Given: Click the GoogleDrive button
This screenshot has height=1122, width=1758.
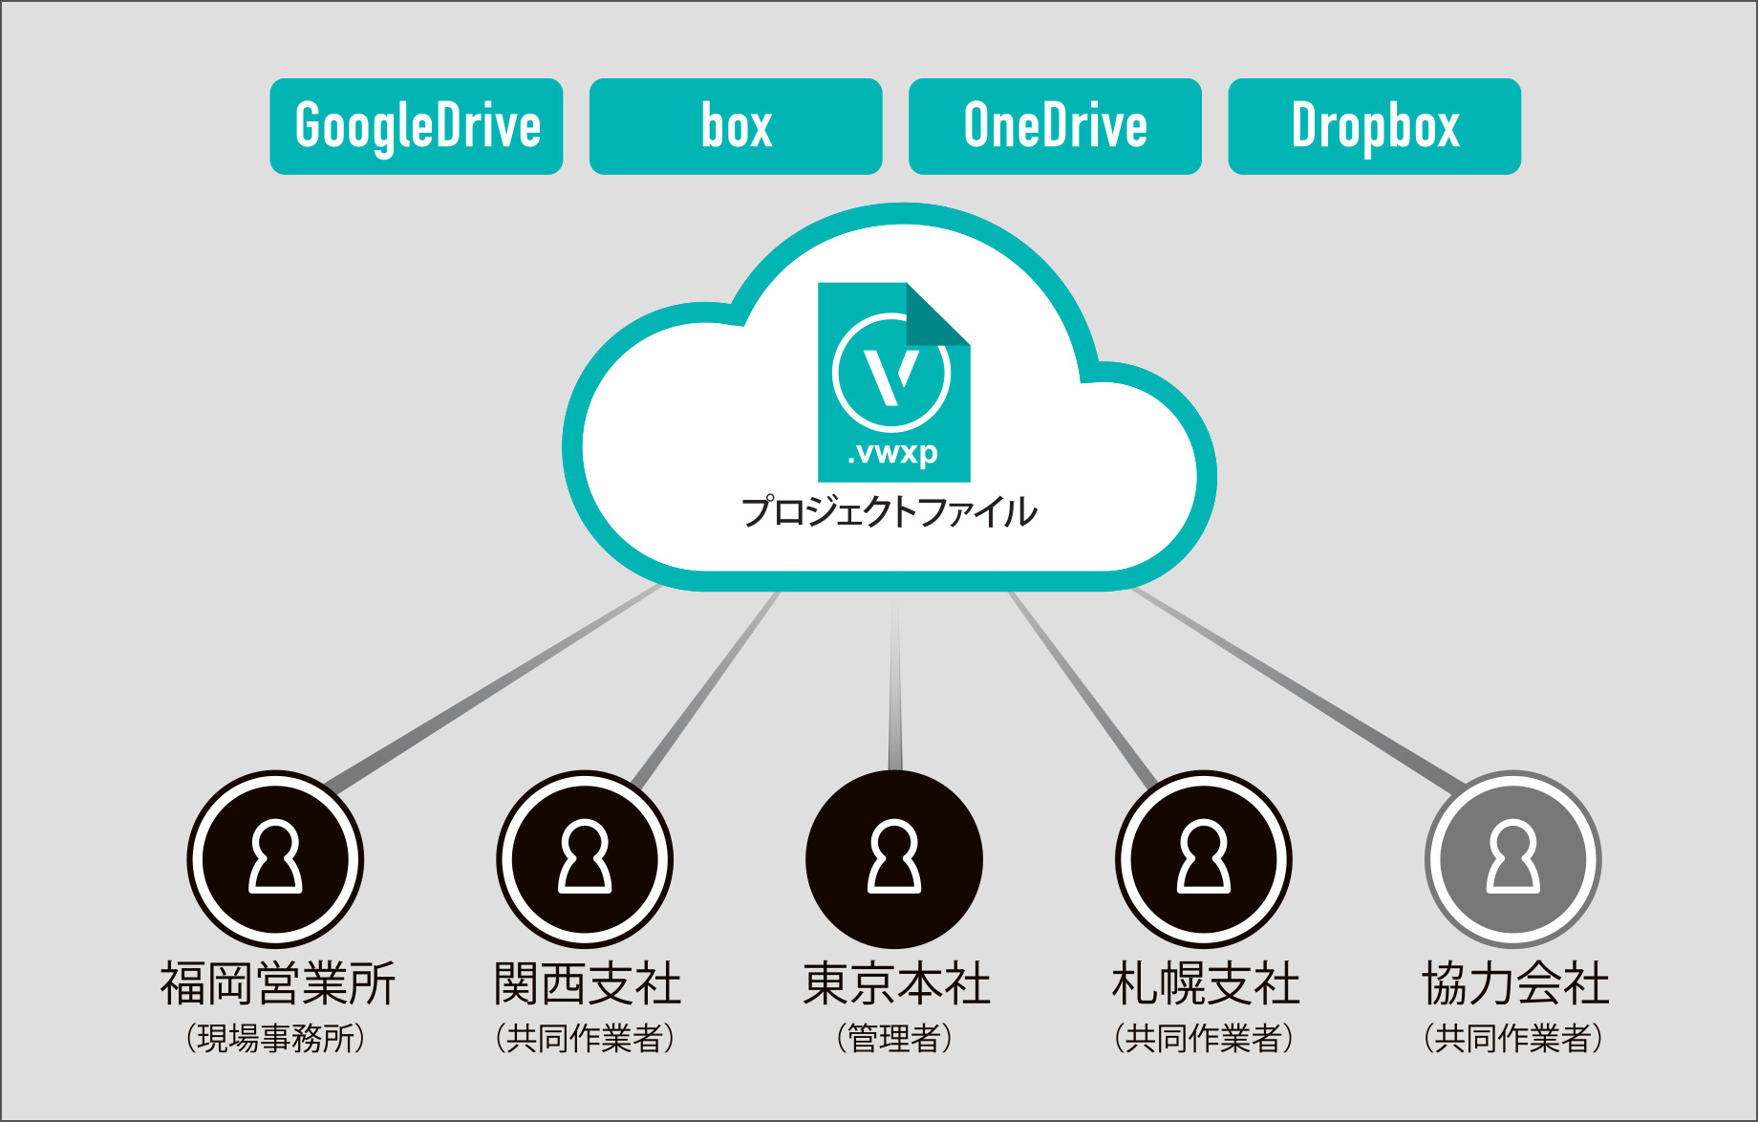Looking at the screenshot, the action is (x=417, y=126).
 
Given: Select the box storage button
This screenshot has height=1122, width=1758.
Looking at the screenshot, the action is (x=736, y=126).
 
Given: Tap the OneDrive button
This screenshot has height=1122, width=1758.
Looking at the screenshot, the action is (x=1055, y=126).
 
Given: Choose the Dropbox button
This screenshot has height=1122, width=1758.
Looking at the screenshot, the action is (x=1374, y=126).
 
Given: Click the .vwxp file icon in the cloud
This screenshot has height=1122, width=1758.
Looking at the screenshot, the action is (x=893, y=382).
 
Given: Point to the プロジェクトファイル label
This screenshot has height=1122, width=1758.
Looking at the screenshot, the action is (x=890, y=512).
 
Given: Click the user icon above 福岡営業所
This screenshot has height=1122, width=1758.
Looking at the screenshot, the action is (x=275, y=859).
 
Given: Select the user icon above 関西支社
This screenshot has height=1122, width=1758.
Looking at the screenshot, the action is (x=585, y=859).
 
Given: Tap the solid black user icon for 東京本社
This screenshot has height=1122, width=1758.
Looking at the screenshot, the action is (x=894, y=859).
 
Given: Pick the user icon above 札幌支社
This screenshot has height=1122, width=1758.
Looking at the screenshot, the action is (x=1204, y=859).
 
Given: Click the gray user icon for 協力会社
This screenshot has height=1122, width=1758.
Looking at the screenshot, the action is (x=1513, y=859).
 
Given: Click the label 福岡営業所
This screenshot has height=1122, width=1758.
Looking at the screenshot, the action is (x=277, y=983).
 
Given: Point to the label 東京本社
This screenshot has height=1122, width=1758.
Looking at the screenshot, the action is (x=896, y=983).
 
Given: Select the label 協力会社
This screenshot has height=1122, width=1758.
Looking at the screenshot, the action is (x=1515, y=983).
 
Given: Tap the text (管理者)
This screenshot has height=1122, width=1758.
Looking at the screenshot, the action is (x=894, y=1038).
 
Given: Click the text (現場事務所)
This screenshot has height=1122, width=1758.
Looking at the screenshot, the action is (x=276, y=1038).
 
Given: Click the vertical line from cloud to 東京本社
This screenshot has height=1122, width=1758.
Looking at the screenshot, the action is (x=895, y=680).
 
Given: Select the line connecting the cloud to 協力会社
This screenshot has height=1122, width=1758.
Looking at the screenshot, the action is (x=1297, y=688).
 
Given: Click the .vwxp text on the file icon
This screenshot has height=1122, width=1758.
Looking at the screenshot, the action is (x=893, y=452).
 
